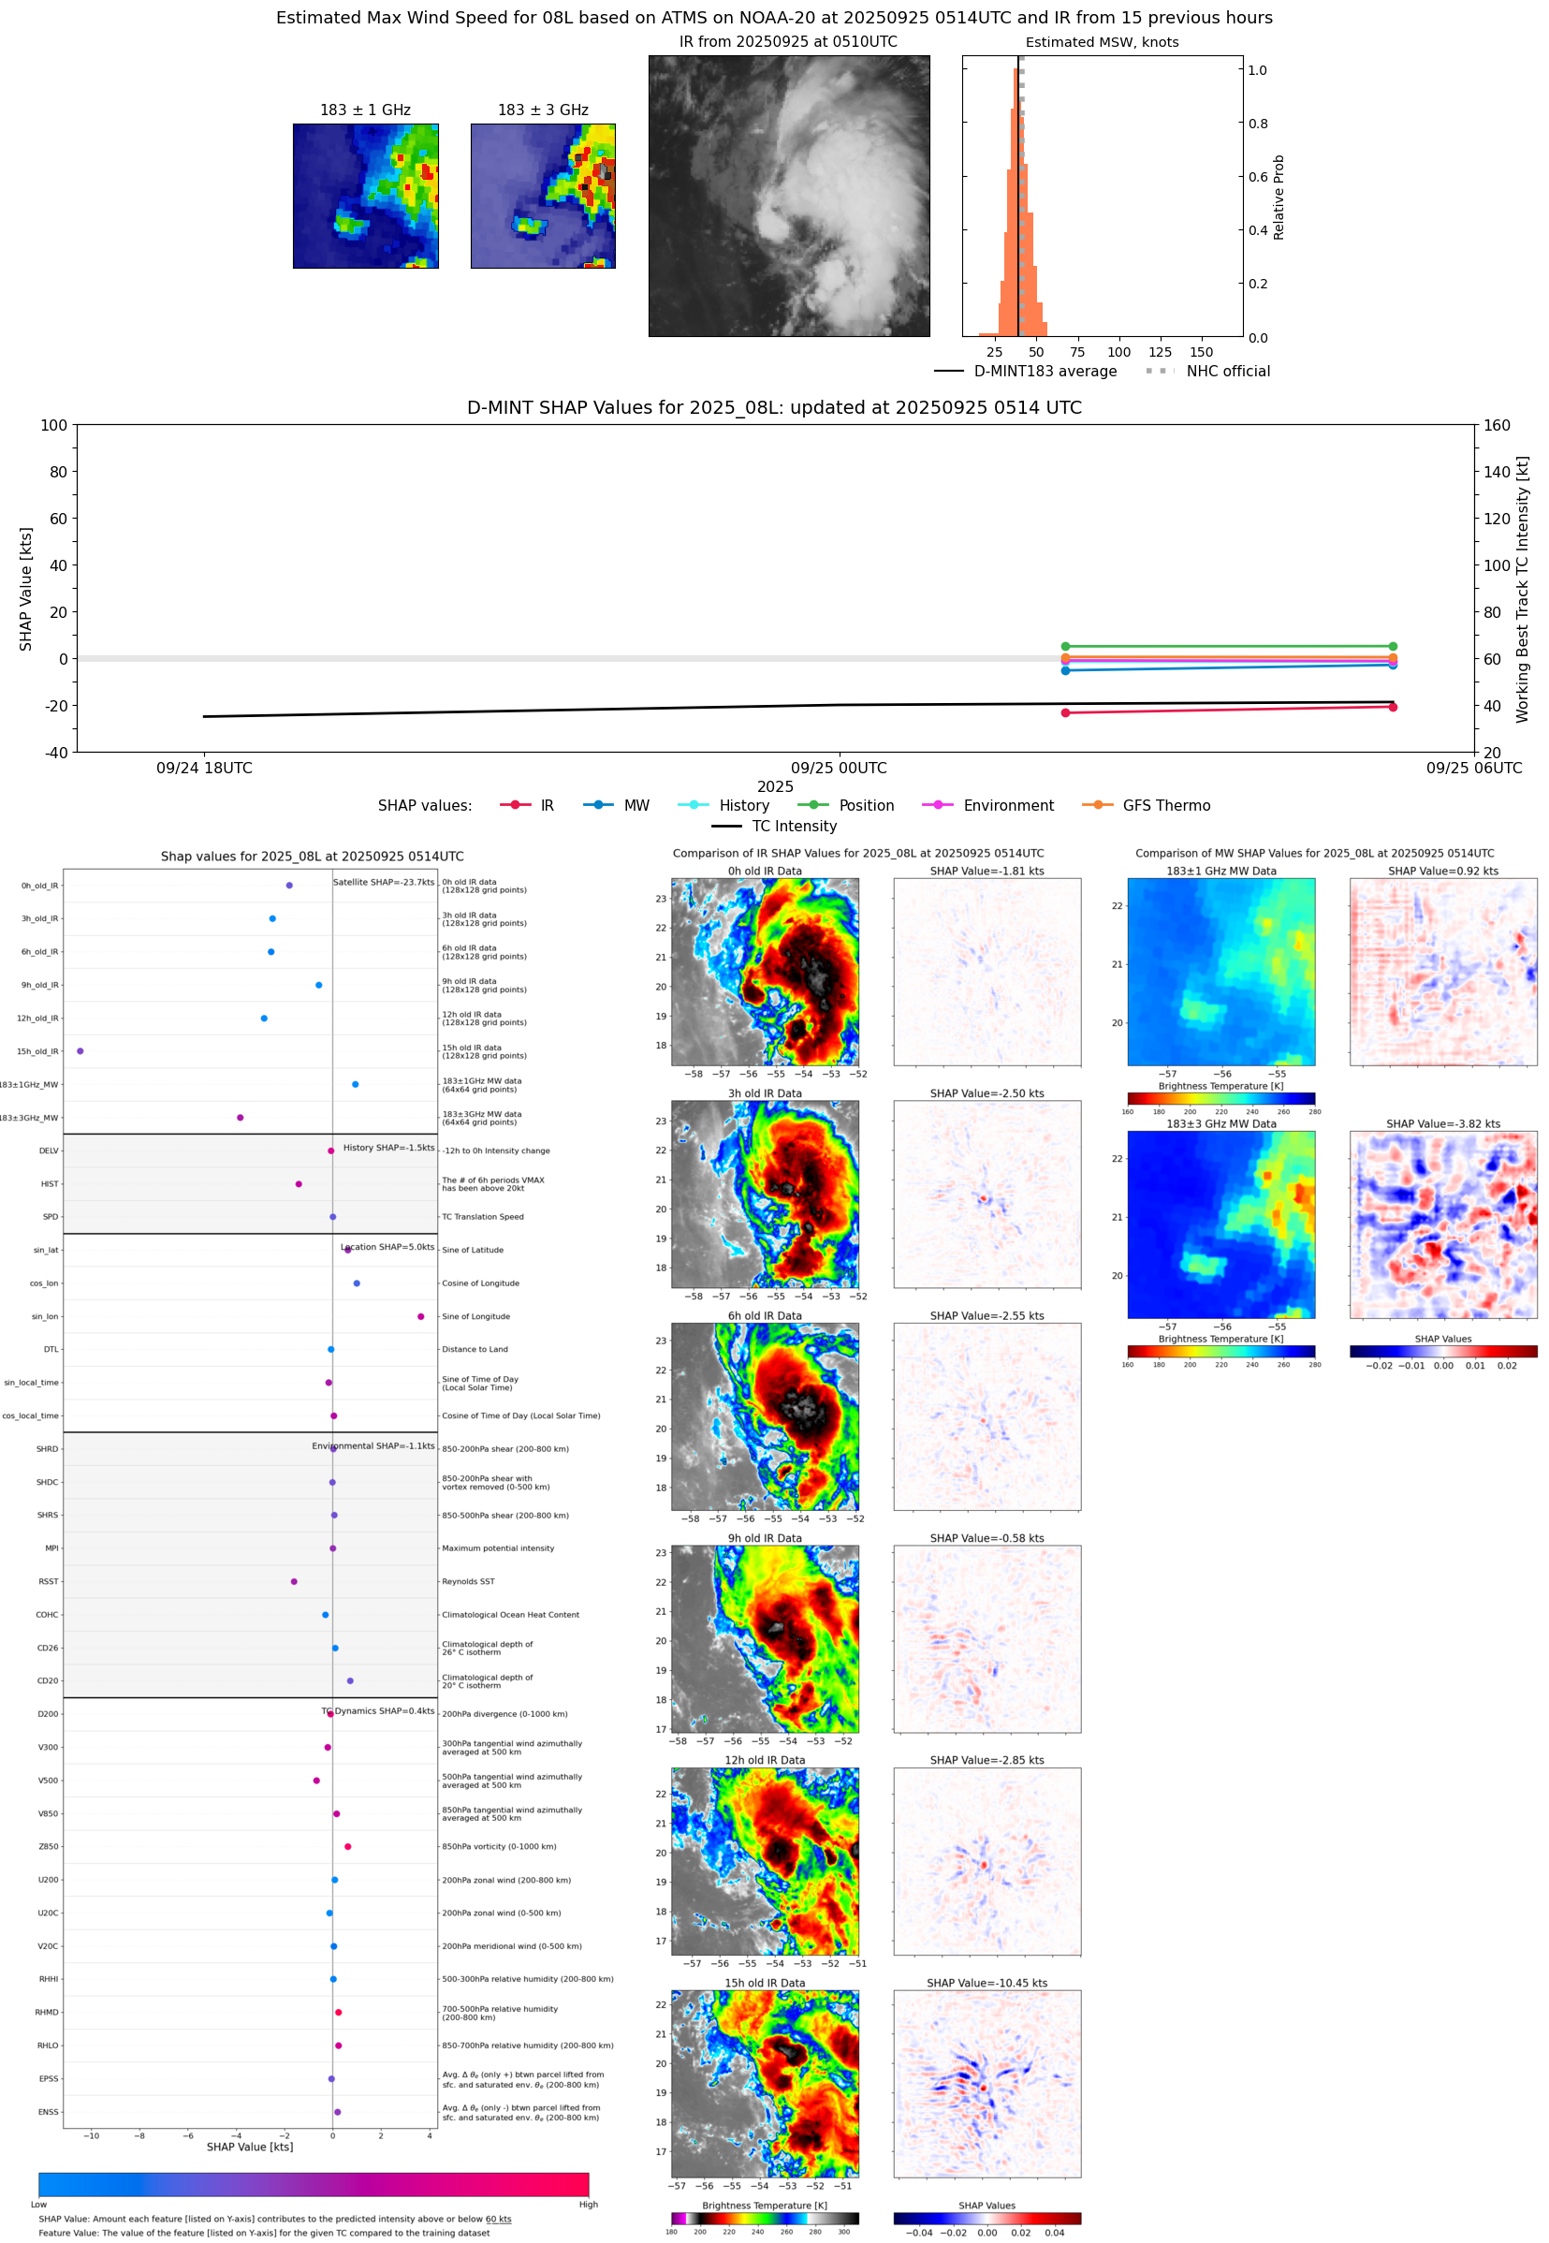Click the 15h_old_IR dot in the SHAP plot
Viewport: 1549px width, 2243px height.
80,1051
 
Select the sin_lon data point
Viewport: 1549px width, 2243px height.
420,1316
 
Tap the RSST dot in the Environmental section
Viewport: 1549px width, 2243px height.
294,1581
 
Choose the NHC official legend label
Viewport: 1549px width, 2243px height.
1227,371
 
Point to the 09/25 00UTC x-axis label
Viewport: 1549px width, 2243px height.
839,768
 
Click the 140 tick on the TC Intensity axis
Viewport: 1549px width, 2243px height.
1497,472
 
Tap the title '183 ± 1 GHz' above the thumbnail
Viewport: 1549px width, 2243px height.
365,110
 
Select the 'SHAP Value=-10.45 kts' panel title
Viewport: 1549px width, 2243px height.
986,1983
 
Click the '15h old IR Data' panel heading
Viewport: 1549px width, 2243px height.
765,1983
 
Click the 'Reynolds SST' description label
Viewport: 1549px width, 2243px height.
468,1581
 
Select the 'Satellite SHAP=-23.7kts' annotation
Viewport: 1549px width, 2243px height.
384,882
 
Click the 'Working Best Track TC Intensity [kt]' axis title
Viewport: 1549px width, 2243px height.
1522,588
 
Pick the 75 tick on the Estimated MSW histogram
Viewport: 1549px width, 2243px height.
1077,352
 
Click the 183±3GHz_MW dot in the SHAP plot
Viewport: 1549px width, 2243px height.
240,1117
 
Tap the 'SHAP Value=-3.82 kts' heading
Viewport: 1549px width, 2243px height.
1442,1124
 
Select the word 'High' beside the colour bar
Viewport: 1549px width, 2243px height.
588,2205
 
